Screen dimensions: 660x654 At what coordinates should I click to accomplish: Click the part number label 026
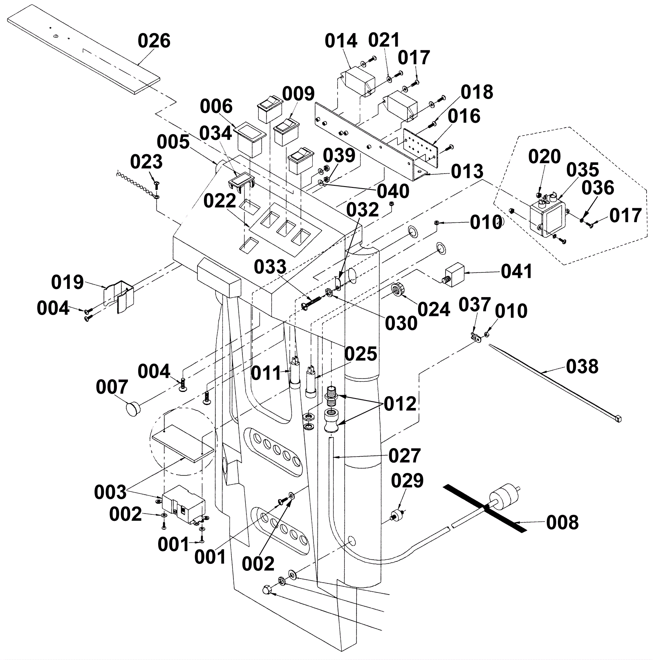(154, 41)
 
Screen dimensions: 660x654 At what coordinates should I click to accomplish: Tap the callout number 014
(341, 41)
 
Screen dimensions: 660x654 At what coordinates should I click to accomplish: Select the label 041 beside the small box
(517, 271)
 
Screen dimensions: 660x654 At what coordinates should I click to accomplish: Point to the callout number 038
(582, 367)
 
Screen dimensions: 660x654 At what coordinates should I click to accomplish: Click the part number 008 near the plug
(562, 523)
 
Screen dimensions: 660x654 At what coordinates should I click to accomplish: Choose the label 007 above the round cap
(112, 387)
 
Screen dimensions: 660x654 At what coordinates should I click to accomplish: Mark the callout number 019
(67, 282)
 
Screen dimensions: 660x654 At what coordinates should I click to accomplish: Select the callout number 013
(467, 171)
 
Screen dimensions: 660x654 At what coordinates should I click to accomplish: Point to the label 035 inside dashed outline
(582, 169)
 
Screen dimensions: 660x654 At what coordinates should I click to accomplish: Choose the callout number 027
(404, 455)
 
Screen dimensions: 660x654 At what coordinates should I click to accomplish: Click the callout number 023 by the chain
(146, 162)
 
